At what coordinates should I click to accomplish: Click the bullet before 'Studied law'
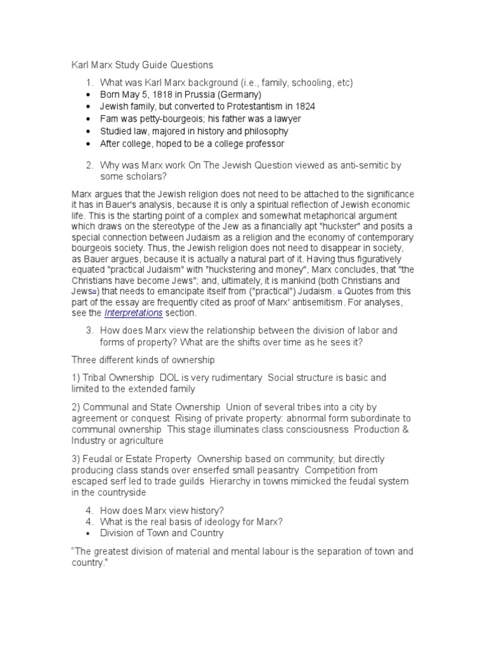click(x=88, y=131)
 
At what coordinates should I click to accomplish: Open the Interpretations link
click(x=133, y=313)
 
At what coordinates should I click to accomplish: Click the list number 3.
click(x=89, y=330)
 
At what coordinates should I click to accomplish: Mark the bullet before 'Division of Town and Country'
click(x=88, y=533)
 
